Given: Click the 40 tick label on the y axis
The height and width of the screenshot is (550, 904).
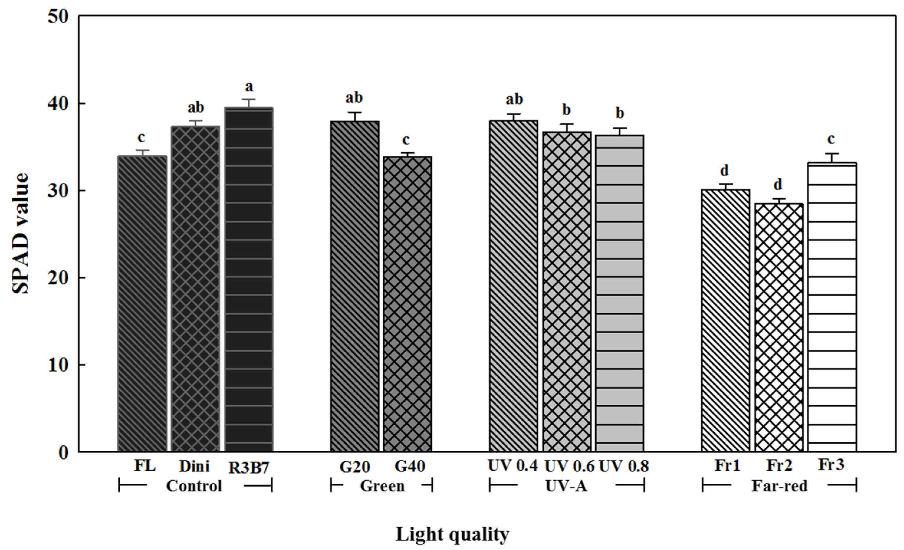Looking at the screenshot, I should [58, 104].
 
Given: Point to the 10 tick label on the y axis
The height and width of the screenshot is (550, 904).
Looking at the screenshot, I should [58, 365].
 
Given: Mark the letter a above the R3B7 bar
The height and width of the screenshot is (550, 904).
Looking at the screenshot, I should [249, 87].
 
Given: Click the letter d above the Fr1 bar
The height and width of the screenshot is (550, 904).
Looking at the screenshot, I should [724, 170].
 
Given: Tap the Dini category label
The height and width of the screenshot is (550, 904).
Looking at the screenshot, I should [194, 466].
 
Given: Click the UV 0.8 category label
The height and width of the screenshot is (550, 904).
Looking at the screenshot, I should [624, 466].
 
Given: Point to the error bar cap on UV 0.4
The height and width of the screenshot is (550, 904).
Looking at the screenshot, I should [514, 114].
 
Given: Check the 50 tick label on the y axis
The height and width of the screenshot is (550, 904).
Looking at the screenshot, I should [58, 17].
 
